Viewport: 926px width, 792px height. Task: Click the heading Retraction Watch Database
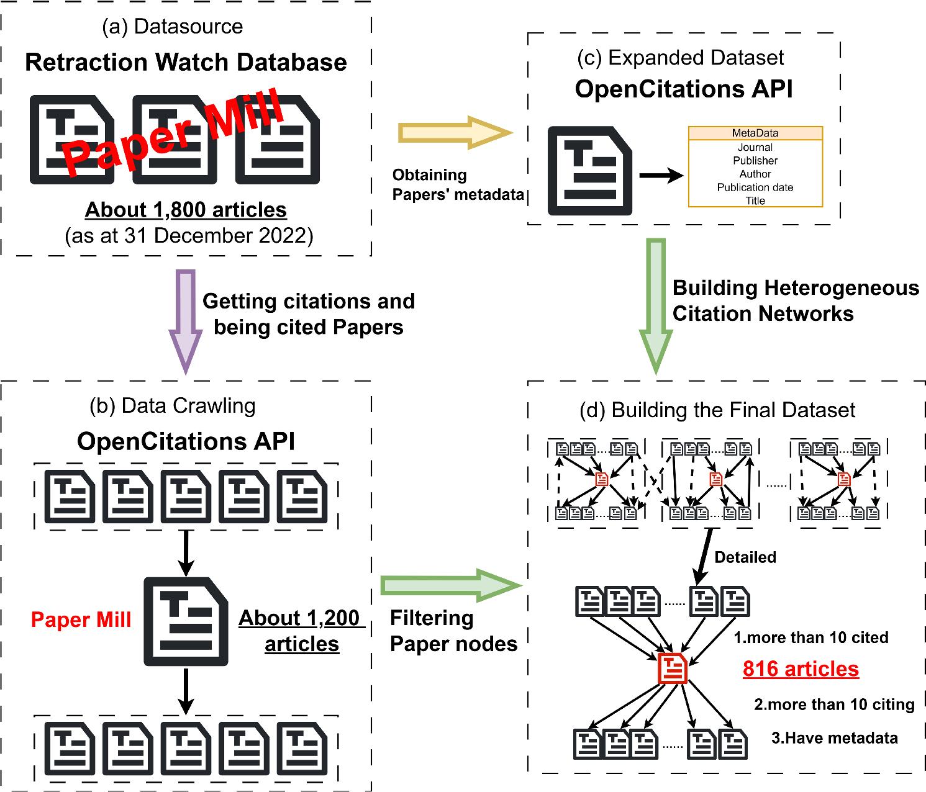click(x=186, y=63)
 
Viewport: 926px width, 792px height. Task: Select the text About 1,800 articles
click(x=186, y=210)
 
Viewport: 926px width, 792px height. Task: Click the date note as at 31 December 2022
click(x=189, y=236)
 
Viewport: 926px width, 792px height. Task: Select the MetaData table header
click(x=755, y=133)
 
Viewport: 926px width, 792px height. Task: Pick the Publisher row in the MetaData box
click(x=755, y=161)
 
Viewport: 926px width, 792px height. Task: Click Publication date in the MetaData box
click(x=755, y=187)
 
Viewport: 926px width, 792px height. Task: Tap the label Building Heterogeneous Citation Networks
click(x=795, y=300)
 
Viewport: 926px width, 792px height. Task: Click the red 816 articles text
click(x=801, y=668)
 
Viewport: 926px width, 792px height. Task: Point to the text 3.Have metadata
click(x=834, y=737)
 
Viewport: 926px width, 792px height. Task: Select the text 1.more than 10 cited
click(x=810, y=637)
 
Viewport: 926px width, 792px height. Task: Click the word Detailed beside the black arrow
click(x=745, y=557)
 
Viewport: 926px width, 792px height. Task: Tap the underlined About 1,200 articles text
click(x=301, y=631)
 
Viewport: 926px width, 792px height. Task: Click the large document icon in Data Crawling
click(x=186, y=621)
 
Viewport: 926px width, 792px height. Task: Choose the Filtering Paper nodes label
click(x=453, y=631)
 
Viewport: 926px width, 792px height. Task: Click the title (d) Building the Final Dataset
click(x=717, y=410)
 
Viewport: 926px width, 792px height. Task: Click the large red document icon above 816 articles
click(x=673, y=668)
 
